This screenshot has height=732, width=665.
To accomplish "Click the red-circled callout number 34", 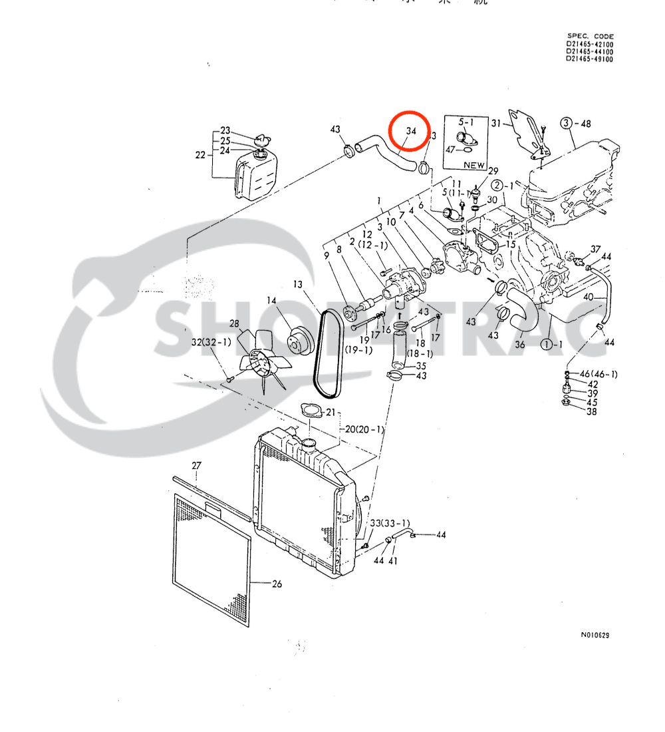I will pos(411,132).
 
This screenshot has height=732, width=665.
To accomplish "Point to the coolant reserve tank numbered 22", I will pos(255,174).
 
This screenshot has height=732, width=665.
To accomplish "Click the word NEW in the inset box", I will pos(474,164).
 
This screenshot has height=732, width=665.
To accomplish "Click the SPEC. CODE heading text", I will pos(591,37).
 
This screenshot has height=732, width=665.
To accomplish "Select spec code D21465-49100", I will pos(590,59).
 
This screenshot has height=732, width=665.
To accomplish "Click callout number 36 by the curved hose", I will pos(520,345).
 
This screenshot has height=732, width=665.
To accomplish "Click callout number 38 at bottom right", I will pos(592,412).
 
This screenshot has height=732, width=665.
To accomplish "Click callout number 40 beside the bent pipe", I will pos(589,297).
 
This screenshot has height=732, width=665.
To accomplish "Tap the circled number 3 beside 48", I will pos(566,123).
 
